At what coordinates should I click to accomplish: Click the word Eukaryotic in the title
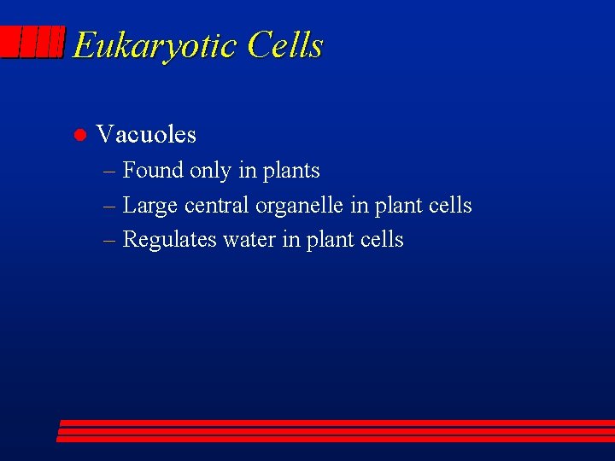coord(155,45)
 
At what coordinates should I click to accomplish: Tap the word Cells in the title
coord(285,44)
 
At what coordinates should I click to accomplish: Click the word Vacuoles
coord(146,134)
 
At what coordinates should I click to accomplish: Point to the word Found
coord(153,170)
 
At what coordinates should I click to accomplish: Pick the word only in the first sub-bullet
coord(210,171)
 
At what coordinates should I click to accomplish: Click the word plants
coord(291,171)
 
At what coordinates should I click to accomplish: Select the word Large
coord(150,206)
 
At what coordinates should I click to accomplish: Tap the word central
coord(217,205)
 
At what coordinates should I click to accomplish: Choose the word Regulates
coord(170,240)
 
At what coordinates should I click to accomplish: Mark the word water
coord(249,239)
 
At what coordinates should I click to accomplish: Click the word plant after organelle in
coord(398,206)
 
